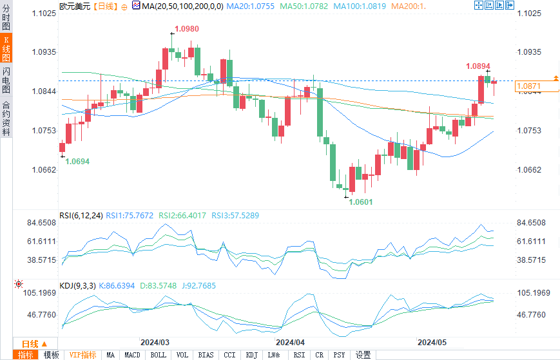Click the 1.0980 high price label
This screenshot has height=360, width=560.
click(x=186, y=29)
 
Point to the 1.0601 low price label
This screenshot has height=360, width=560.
click(x=361, y=202)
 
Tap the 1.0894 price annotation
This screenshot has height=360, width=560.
click(x=478, y=66)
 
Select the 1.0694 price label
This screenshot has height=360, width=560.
click(x=77, y=161)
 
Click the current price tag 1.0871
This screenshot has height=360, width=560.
click(x=528, y=86)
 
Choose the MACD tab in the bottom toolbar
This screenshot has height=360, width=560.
click(x=132, y=355)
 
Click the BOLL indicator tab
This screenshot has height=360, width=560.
click(x=159, y=355)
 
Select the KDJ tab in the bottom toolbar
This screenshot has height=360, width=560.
click(x=251, y=355)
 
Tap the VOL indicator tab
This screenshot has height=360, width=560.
click(x=182, y=355)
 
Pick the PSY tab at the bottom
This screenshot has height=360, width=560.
click(x=339, y=355)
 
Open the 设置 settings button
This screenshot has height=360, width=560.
click(x=363, y=355)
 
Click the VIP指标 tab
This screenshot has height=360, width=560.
click(x=82, y=355)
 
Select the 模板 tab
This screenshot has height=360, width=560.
click(x=51, y=355)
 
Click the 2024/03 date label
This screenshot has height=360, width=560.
click(x=155, y=342)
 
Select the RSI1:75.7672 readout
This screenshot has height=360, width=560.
click(x=130, y=216)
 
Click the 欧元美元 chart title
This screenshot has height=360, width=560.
click(x=73, y=6)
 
